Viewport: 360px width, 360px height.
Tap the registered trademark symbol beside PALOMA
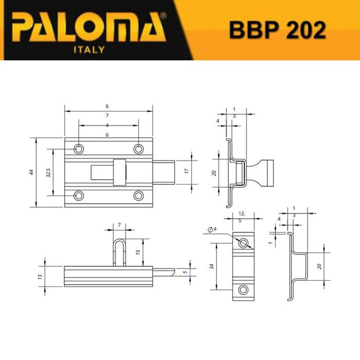click(x=163, y=17)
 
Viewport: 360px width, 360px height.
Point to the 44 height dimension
click(x=31, y=172)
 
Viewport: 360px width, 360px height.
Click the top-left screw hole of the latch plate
click(x=79, y=149)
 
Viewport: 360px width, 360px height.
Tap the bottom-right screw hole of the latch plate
click(x=138, y=195)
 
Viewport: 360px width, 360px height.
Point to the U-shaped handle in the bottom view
click(x=121, y=251)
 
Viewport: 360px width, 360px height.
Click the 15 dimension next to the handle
click(x=138, y=252)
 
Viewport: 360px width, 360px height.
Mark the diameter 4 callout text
click(x=211, y=229)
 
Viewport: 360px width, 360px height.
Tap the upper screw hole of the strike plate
click(x=243, y=244)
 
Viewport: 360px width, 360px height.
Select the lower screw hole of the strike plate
click(x=243, y=290)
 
